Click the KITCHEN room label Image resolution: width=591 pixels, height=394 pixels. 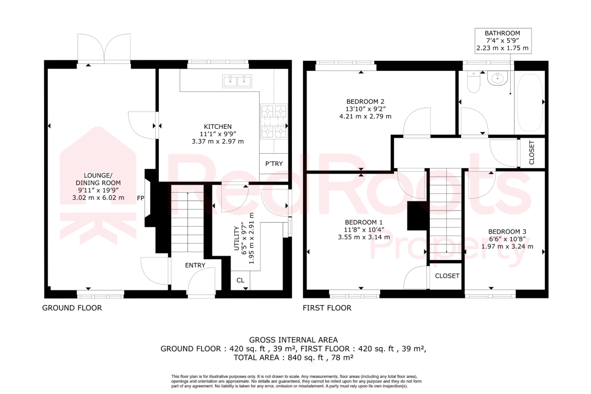[218, 127]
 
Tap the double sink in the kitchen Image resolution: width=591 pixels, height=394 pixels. [237, 81]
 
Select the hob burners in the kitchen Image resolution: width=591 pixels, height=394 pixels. [274, 121]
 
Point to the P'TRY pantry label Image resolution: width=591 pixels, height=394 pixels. [274, 164]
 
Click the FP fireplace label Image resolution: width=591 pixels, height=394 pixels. [141, 198]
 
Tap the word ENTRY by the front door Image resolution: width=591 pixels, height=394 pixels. [195, 265]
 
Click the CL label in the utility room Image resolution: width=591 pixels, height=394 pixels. [240, 280]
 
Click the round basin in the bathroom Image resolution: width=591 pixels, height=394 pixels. [497, 78]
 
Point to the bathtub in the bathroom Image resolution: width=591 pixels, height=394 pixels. [530, 102]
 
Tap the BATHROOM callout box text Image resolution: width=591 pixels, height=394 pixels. [502, 41]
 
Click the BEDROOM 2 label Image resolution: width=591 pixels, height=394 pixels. [365, 102]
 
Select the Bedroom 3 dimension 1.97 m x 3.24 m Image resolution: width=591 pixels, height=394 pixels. [507, 247]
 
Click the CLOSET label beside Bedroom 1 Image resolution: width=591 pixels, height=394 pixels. [447, 276]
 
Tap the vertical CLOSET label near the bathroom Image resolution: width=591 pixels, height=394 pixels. [532, 153]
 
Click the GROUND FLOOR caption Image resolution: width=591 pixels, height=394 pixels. [72, 308]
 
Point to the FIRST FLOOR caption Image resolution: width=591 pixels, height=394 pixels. [327, 308]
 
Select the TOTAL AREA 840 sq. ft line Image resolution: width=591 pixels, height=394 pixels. [293, 358]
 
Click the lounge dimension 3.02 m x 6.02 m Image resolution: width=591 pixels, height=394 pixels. [98, 198]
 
